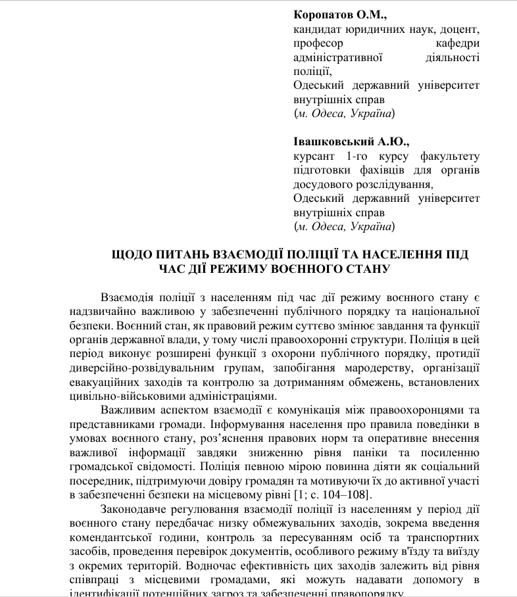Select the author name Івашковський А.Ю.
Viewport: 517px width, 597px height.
click(351, 141)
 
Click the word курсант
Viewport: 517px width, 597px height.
click(315, 156)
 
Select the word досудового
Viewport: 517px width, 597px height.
click(324, 185)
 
